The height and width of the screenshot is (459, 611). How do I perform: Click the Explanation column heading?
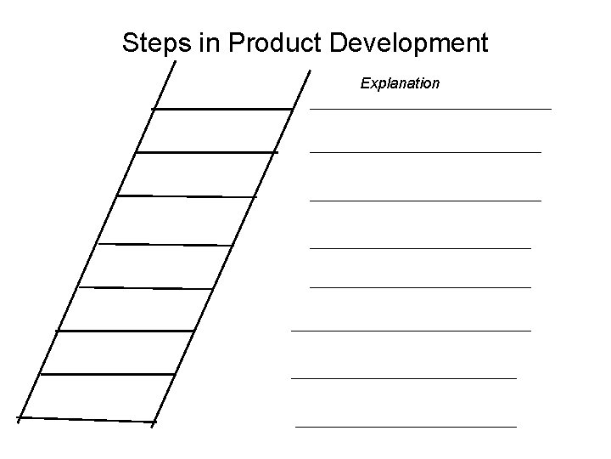tap(400, 83)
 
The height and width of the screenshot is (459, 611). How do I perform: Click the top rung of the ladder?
tap(222, 109)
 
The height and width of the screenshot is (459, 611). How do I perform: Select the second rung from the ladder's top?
tap(206, 152)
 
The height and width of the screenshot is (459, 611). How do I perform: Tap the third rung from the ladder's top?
tap(186, 196)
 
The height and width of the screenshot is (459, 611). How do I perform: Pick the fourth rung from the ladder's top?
tap(165, 245)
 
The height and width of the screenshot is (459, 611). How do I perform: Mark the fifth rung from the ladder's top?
tap(145, 288)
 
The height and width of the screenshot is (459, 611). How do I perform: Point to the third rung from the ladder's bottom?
tap(126, 330)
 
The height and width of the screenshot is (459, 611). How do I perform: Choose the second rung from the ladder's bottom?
tap(107, 374)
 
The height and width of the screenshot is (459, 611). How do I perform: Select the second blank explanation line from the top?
tap(425, 152)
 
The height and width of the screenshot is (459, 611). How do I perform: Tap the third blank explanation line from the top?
tap(425, 201)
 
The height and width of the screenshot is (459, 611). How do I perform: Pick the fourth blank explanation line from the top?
tap(420, 248)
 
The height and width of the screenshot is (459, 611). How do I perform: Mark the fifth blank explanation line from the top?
tap(420, 287)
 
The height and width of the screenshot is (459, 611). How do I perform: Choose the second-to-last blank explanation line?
tap(403, 377)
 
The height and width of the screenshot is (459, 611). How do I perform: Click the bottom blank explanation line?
tap(406, 425)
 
